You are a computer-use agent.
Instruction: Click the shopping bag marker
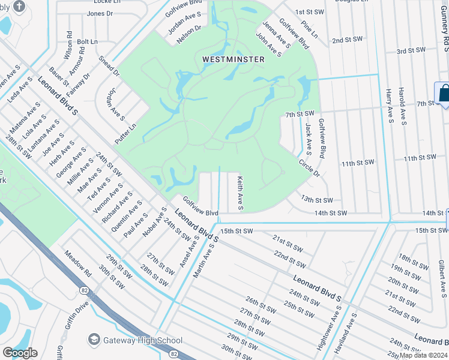click(x=445, y=94)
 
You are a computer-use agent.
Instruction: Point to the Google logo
click(x=20, y=353)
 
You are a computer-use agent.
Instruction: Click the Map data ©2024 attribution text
click(x=423, y=355)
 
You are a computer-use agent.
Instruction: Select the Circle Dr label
click(x=310, y=167)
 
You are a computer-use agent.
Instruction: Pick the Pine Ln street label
click(x=310, y=32)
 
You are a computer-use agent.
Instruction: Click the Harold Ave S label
click(x=403, y=109)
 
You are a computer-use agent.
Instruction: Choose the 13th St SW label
click(x=316, y=199)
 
